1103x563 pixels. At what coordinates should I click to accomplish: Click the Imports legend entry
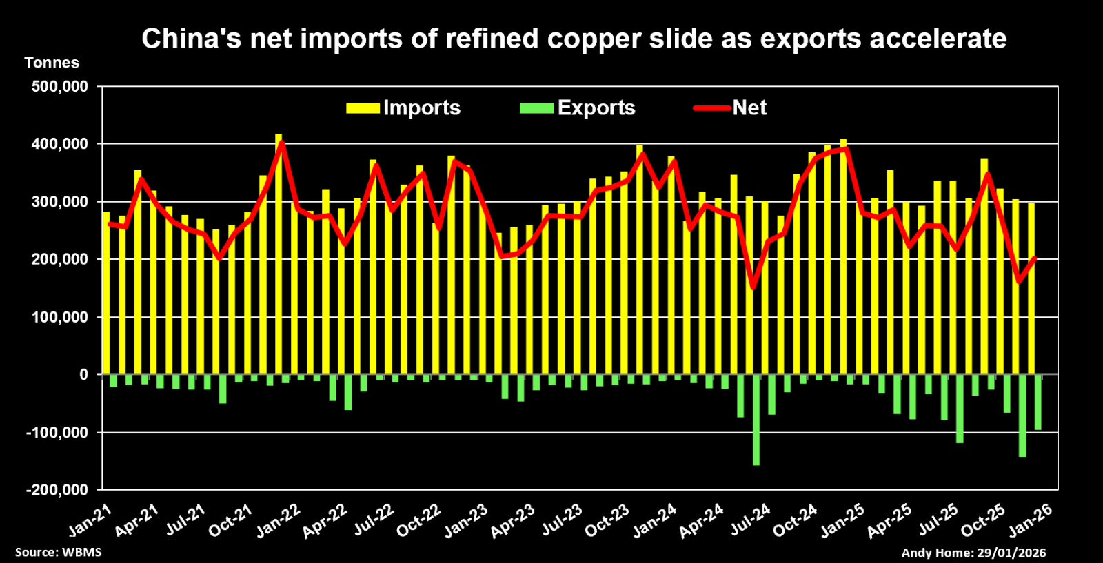point(404,108)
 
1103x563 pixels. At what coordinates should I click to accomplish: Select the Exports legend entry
point(578,108)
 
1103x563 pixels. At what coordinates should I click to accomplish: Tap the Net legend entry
point(731,108)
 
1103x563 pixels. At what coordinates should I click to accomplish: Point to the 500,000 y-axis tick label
point(60,87)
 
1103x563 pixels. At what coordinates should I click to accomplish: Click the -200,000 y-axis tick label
point(58,490)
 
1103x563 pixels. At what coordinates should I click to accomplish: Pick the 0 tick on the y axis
point(84,375)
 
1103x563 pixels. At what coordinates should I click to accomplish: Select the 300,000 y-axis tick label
point(60,202)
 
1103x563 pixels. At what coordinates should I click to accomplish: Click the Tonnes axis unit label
point(52,63)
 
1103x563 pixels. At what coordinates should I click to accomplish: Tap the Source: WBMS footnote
point(59,552)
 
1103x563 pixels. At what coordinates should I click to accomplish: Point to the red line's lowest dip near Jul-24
point(753,288)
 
